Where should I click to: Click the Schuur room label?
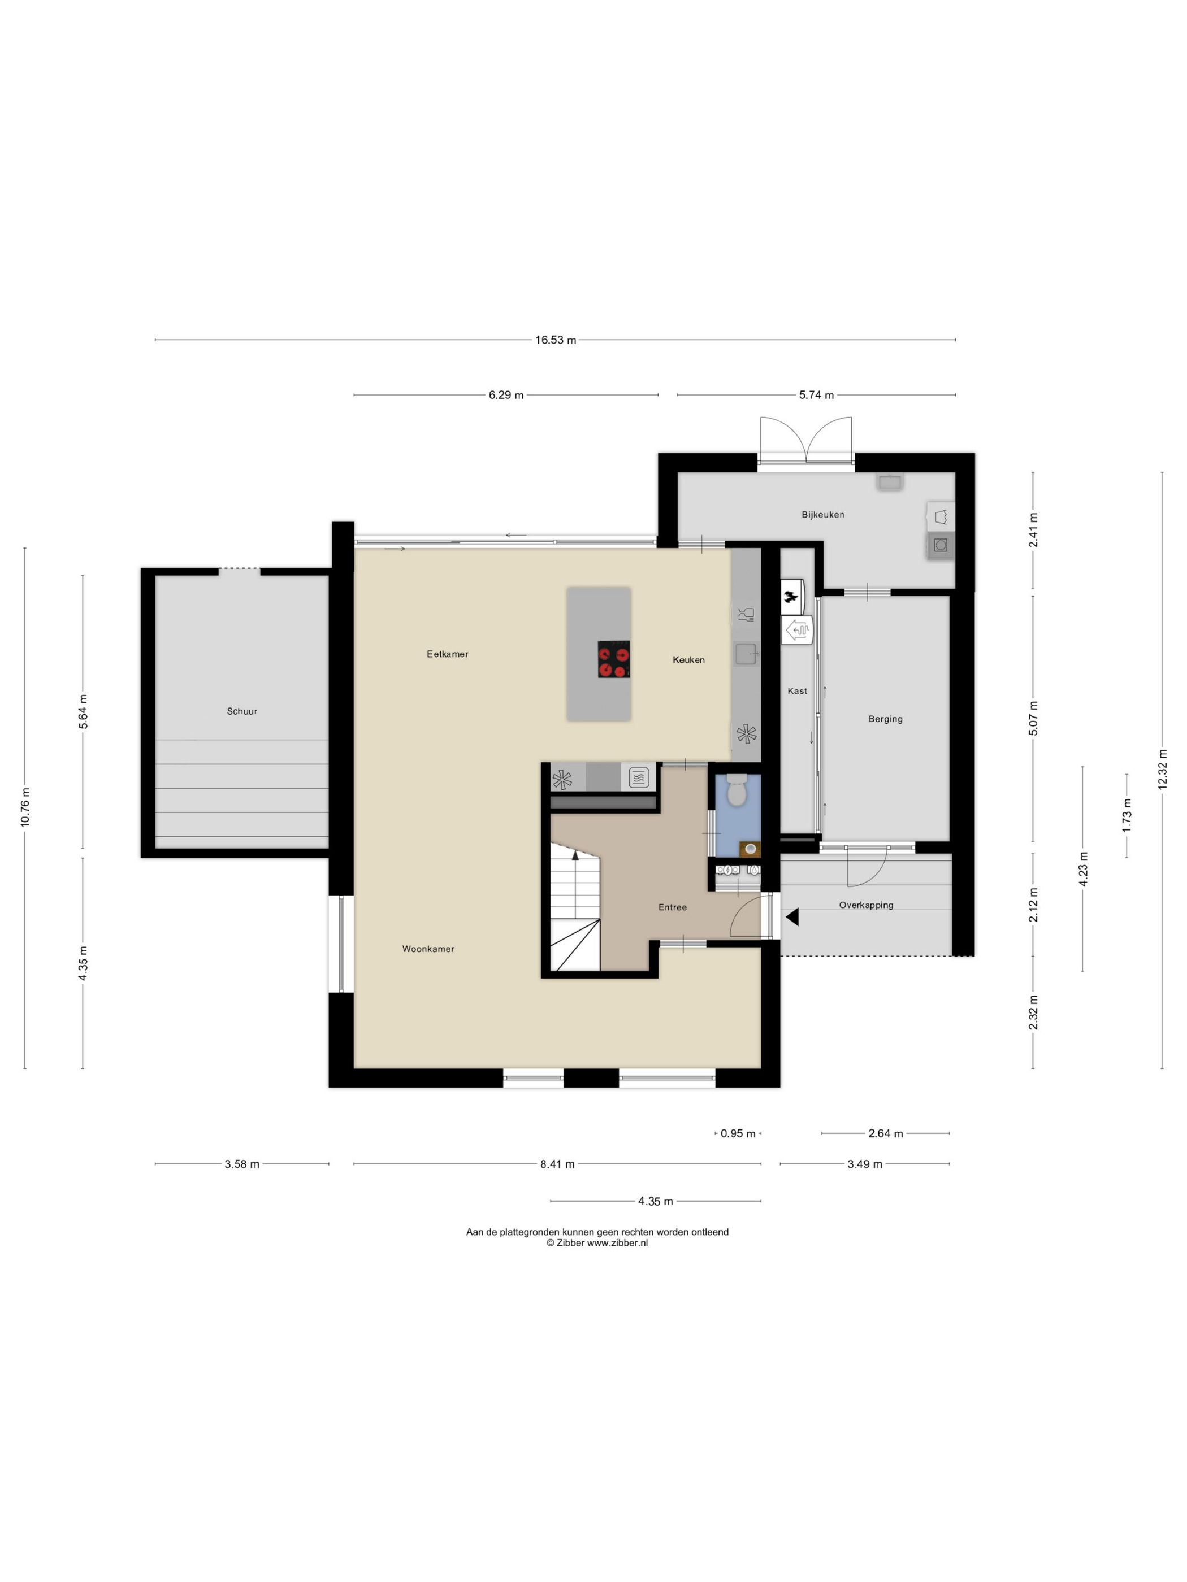[x=242, y=711]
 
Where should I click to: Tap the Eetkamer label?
[x=447, y=654]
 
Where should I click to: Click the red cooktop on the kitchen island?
[x=614, y=659]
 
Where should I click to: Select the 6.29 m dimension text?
[x=506, y=395]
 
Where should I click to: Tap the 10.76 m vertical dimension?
[x=25, y=807]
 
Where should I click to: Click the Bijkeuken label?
[x=823, y=514]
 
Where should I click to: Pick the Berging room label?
[x=885, y=719]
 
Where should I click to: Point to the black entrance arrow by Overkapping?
[x=792, y=917]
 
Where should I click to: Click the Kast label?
[x=797, y=691]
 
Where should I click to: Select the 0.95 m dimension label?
[x=738, y=1133]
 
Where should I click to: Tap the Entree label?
[x=673, y=907]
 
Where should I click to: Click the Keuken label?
[x=688, y=659]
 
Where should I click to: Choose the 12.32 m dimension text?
[x=1162, y=769]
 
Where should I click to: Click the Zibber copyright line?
[x=597, y=1243]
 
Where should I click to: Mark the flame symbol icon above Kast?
[x=791, y=597]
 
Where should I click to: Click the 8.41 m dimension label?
[x=557, y=1164]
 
